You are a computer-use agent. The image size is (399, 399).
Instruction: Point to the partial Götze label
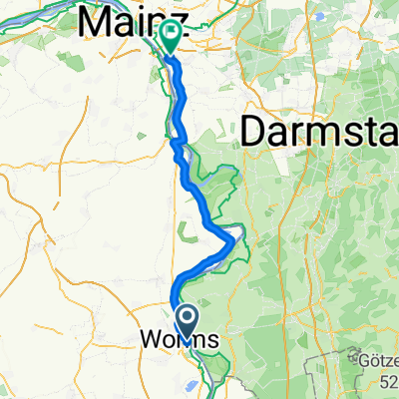pyautogui.click(x=378, y=357)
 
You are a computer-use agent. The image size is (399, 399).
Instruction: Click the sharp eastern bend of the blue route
pyautogui.click(x=236, y=240)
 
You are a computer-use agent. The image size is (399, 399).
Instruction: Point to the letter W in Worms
pyautogui.click(x=142, y=341)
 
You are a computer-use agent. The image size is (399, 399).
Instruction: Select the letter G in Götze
pyautogui.click(x=359, y=356)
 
